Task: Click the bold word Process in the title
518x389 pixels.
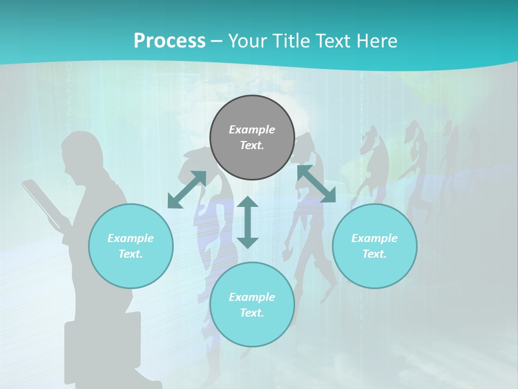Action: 169,41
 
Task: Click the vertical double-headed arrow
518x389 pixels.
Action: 248,222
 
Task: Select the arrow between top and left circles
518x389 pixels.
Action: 187,189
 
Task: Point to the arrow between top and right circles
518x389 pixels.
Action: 316,184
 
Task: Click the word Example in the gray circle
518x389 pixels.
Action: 252,130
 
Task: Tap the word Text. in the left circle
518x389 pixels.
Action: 131,254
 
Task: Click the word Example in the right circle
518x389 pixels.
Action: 374,238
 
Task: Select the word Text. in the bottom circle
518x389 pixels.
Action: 252,313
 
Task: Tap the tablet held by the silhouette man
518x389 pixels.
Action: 40,203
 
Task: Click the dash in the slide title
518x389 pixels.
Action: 216,42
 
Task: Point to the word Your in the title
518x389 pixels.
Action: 246,41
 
